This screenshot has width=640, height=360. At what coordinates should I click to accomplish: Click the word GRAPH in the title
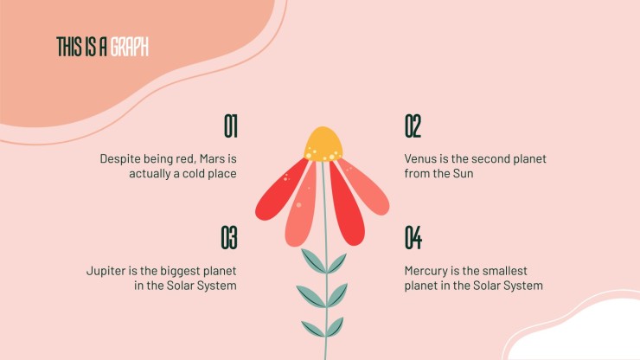click(130, 47)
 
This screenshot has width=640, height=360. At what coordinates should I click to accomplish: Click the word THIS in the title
click(69, 47)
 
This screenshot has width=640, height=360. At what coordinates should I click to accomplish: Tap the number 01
click(231, 126)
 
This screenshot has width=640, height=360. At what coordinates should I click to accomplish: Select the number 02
click(413, 126)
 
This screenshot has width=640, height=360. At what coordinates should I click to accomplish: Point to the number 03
click(229, 237)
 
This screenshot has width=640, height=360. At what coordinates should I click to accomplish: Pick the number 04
click(413, 237)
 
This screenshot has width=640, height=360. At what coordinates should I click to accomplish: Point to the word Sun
click(463, 173)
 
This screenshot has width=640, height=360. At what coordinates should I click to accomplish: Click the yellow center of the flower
click(323, 144)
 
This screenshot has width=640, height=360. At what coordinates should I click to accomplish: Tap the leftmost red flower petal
click(281, 190)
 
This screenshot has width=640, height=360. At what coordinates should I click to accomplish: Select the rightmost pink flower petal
click(364, 186)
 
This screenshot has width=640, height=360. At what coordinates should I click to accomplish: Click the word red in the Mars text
click(185, 158)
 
